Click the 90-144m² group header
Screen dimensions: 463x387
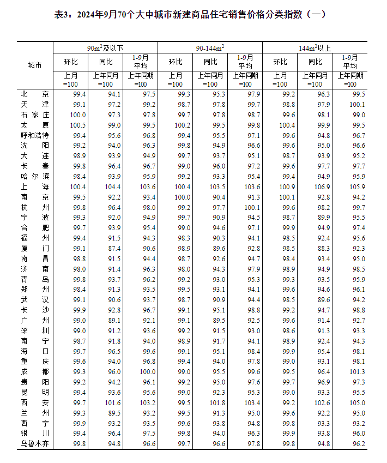210,48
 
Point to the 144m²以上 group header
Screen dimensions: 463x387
315,48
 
